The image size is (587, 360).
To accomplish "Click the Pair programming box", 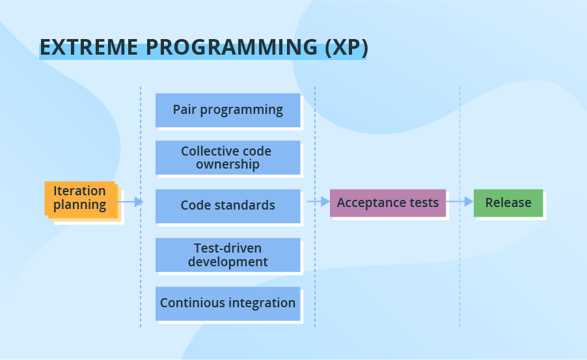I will click(x=228, y=110).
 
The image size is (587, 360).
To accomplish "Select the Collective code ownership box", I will click(x=228, y=158).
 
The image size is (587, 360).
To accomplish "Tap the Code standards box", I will click(x=228, y=206).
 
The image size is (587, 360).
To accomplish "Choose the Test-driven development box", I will click(x=228, y=255).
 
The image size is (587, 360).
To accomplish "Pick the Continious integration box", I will click(x=228, y=303).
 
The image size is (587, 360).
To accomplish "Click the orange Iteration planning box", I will click(x=80, y=198).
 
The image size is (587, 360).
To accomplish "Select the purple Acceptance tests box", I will click(x=388, y=203).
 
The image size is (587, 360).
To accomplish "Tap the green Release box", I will click(x=508, y=203).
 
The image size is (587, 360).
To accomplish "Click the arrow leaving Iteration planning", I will click(x=130, y=202).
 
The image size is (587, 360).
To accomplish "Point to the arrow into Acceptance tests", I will click(x=319, y=202).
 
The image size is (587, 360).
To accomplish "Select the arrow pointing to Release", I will click(x=460, y=202).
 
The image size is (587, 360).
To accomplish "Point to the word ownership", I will click(x=228, y=165).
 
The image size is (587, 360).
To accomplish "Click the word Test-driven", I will click(x=228, y=248).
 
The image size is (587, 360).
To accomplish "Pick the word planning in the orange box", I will click(x=79, y=205).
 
